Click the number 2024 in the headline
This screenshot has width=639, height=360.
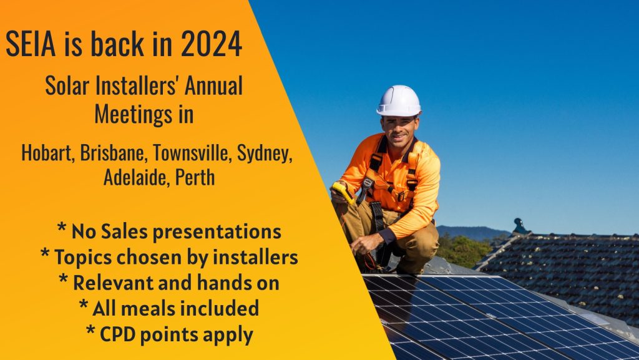(212, 44)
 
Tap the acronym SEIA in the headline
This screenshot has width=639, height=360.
(31, 44)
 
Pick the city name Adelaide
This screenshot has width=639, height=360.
(137, 178)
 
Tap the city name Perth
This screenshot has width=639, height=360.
(195, 178)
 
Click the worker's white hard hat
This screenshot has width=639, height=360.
(399, 101)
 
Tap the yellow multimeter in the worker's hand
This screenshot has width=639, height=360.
(343, 193)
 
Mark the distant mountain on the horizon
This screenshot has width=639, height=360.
(473, 233)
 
